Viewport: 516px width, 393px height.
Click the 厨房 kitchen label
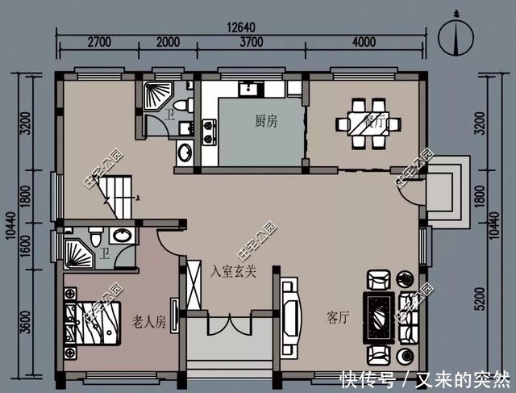click(265, 121)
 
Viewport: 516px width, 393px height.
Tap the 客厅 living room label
click(339, 317)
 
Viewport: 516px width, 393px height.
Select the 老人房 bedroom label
click(148, 323)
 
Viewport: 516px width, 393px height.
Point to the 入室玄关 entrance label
click(234, 271)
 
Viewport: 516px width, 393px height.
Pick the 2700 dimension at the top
click(98, 43)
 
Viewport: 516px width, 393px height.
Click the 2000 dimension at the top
click(168, 43)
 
